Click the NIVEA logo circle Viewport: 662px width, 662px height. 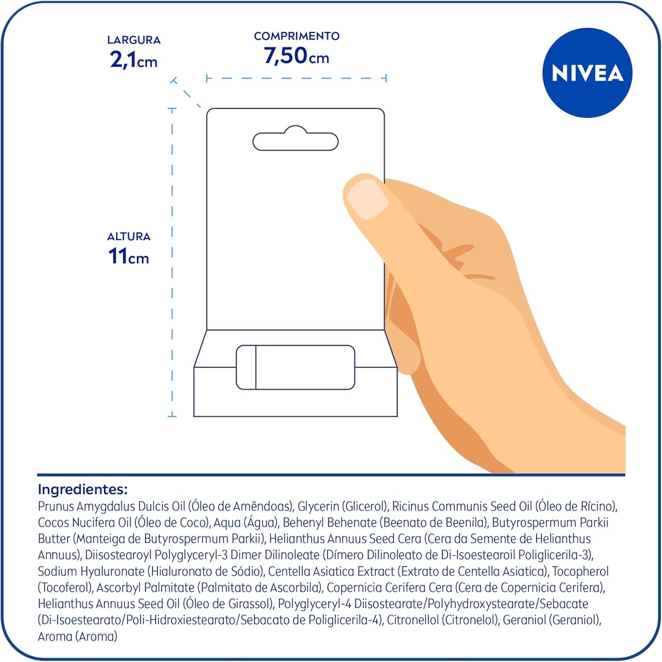587,73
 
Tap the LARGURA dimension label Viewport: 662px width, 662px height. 134,40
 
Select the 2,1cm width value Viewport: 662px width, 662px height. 134,60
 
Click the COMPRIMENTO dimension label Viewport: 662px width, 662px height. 297,36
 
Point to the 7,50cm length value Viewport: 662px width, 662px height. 297,56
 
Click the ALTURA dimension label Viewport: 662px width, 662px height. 129,237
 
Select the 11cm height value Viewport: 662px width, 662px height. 128,256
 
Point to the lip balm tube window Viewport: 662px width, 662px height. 295,367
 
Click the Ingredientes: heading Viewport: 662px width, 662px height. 83,489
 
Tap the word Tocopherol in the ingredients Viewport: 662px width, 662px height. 580,571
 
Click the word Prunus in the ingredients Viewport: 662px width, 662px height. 56,506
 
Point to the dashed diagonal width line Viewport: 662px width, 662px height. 187,93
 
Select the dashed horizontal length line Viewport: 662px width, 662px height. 296,79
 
